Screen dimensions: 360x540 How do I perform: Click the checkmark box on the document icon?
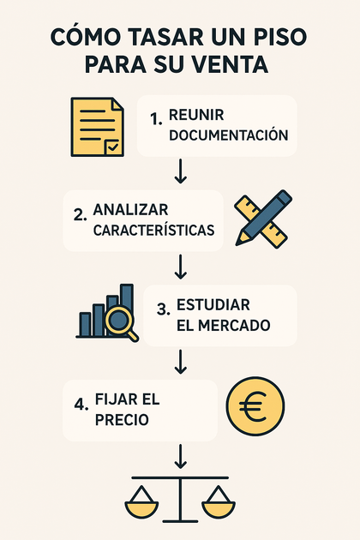coord(112,147)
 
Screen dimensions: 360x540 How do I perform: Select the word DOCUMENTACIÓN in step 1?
coord(228,135)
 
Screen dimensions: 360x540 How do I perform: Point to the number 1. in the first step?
coord(156,119)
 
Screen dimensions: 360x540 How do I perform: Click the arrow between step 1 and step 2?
coord(181,171)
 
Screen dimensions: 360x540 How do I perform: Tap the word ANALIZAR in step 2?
coord(130,210)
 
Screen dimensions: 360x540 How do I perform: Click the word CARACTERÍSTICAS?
coord(153,230)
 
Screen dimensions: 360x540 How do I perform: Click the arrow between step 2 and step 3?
coord(181,267)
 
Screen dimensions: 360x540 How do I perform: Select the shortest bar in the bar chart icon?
coord(85,324)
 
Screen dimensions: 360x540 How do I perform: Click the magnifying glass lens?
coord(118,320)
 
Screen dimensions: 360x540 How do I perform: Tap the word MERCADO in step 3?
coord(235,326)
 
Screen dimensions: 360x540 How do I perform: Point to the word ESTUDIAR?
coord(213,305)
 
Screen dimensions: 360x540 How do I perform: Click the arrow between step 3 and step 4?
coord(181,362)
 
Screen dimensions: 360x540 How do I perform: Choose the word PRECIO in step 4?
coord(122,420)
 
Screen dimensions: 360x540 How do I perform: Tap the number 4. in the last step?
coord(81,405)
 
